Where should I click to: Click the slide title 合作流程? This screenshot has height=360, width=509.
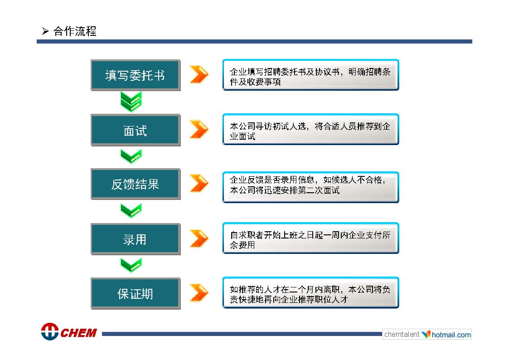pyautogui.click(x=75, y=31)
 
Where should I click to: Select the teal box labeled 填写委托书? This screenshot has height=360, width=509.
pyautogui.click(x=136, y=75)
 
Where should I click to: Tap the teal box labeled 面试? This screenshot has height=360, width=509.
pyautogui.click(x=136, y=130)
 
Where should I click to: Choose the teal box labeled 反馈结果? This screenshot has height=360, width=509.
pyautogui.click(x=136, y=184)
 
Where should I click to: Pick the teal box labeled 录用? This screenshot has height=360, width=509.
pyautogui.click(x=136, y=239)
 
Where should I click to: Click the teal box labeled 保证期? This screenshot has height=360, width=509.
pyautogui.click(x=136, y=293)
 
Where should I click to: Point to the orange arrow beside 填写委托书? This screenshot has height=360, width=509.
pyautogui.click(x=199, y=74)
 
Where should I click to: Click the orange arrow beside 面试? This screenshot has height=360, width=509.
pyautogui.click(x=199, y=129)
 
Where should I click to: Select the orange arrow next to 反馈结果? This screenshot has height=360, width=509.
pyautogui.click(x=199, y=184)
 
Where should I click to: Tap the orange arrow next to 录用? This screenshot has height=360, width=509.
pyautogui.click(x=199, y=238)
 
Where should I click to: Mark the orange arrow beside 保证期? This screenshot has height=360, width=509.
pyautogui.click(x=199, y=293)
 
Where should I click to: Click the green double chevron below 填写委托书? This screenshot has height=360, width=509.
pyautogui.click(x=131, y=102)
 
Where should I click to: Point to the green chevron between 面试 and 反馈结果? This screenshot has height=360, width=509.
pyautogui.click(x=131, y=156)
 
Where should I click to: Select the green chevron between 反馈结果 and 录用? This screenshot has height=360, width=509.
pyautogui.click(x=131, y=211)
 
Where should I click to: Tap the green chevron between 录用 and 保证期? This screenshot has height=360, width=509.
pyautogui.click(x=131, y=265)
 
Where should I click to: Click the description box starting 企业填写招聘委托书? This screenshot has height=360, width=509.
pyautogui.click(x=310, y=75)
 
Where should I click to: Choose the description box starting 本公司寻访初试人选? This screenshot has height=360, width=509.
pyautogui.click(x=310, y=130)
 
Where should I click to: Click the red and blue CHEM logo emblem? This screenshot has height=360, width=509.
pyautogui.click(x=50, y=331)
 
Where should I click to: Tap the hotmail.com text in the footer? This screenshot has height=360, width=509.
pyautogui.click(x=451, y=335)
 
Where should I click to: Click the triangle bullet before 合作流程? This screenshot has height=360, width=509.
pyautogui.click(x=45, y=31)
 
